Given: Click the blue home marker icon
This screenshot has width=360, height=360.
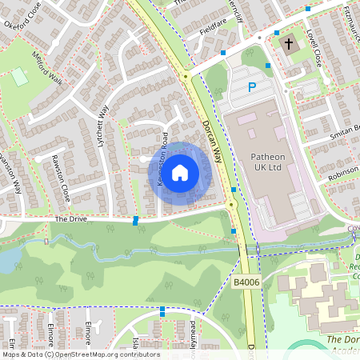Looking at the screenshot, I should point(180,172).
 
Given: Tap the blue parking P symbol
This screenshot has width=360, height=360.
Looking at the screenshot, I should point(252,87).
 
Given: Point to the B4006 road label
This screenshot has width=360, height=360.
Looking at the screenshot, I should point(248,282).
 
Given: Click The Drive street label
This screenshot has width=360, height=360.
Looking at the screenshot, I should point(70,218).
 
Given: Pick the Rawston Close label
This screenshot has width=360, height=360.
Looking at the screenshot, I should point(60,178).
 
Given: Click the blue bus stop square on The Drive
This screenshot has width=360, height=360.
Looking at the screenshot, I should point(135,220).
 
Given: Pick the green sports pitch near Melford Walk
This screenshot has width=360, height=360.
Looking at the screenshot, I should point(20,77).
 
